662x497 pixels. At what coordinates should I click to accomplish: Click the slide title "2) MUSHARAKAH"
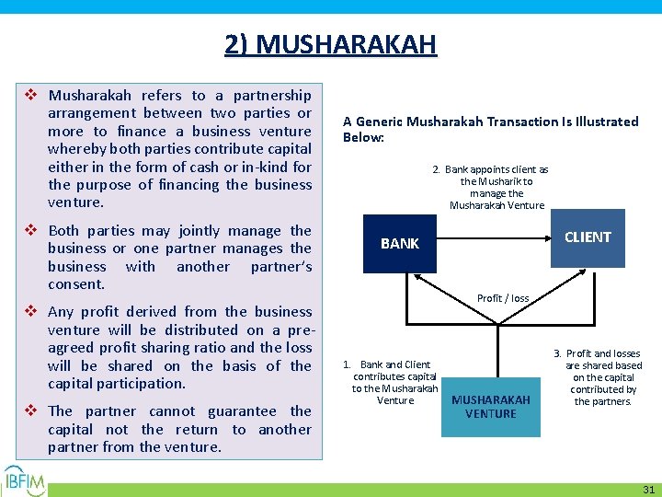[331, 43]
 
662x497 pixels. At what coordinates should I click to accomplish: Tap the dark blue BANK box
[399, 244]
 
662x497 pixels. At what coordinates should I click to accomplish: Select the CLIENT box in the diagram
[587, 237]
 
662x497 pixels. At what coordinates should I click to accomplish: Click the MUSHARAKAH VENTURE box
[490, 407]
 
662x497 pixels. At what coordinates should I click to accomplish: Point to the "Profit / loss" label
[502, 298]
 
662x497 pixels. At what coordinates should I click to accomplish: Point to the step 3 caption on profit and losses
[603, 377]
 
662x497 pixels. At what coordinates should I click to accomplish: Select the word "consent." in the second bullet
[76, 284]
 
